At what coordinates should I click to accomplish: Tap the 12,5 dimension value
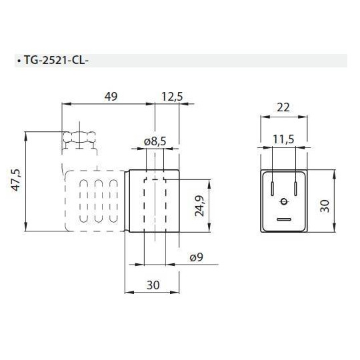pyautogui.click(x=172, y=97)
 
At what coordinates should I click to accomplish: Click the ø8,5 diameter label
pyautogui.click(x=155, y=141)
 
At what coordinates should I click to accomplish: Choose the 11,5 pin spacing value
pyautogui.click(x=284, y=139)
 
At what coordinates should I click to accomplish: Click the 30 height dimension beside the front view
pyautogui.click(x=325, y=203)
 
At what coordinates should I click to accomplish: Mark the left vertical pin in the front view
pyautogui.click(x=273, y=187)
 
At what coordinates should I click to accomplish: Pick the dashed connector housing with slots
pyautogui.click(x=93, y=201)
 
